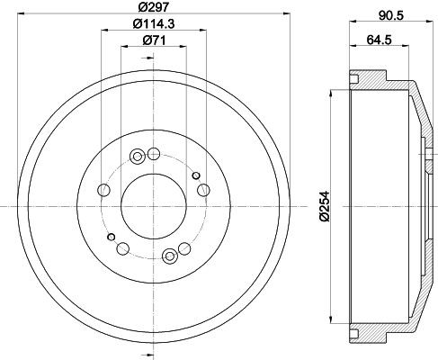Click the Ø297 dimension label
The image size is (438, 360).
coord(154,6)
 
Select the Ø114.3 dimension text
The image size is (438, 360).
coord(154,23)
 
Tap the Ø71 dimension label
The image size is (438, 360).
coord(154,40)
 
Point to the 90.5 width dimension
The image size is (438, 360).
coord(391,15)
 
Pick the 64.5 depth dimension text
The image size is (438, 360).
coord(379,40)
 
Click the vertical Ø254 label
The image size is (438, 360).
coord(325,207)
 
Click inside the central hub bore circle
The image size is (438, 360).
coord(154,207)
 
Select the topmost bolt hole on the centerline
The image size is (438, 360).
coord(154,154)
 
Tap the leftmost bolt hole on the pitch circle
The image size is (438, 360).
coord(104,190)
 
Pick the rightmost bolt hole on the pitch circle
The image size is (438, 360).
coord(203,190)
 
